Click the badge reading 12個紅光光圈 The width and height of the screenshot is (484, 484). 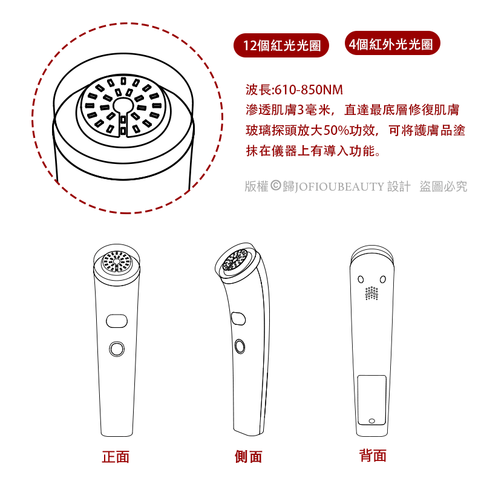pyautogui.click(x=281, y=45)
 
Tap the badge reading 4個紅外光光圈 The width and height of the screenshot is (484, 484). pyautogui.click(x=392, y=44)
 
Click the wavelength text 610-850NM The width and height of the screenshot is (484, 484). pyautogui.click(x=309, y=90)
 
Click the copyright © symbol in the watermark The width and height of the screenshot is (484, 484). pyautogui.click(x=276, y=186)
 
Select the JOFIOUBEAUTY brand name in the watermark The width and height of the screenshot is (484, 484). pyautogui.click(x=339, y=187)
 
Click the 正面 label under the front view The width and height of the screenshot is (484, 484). pyautogui.click(x=116, y=457)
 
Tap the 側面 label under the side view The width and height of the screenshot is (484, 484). pyautogui.click(x=248, y=457)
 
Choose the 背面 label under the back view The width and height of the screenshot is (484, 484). pyautogui.click(x=373, y=456)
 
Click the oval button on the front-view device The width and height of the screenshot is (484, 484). pyautogui.click(x=117, y=321)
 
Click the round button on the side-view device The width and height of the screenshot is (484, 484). pyautogui.click(x=240, y=346)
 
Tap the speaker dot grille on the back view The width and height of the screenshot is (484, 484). pyautogui.click(x=371, y=293)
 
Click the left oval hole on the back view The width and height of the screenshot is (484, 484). pyautogui.click(x=361, y=280)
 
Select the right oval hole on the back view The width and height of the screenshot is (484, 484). pyautogui.click(x=383, y=280)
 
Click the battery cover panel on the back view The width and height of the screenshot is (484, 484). pyautogui.click(x=372, y=400)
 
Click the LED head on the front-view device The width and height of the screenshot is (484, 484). pyautogui.click(x=116, y=261)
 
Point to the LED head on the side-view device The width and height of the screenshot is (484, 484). pyautogui.click(x=235, y=260)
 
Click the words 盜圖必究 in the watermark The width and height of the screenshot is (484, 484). pyautogui.click(x=443, y=186)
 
